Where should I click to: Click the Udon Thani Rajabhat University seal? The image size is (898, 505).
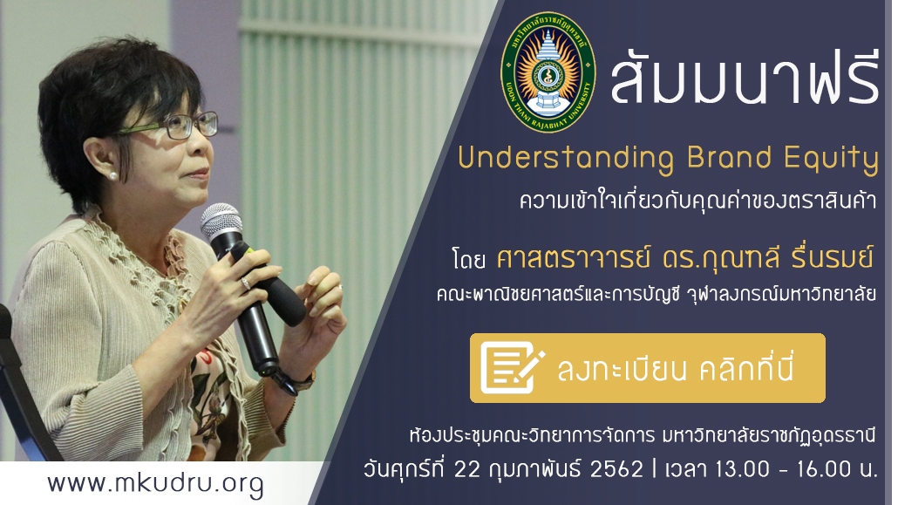tap(548, 72)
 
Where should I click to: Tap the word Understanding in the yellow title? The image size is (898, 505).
tap(566, 158)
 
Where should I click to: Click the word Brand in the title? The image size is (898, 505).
tap(729, 157)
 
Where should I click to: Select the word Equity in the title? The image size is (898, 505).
tap(831, 159)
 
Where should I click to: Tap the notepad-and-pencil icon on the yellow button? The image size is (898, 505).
tap(512, 367)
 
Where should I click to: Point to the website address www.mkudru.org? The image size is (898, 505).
tap(155, 484)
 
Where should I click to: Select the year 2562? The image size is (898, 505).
tap(616, 469)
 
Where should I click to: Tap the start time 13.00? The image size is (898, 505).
tap(742, 469)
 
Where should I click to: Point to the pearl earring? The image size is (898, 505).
tap(112, 175)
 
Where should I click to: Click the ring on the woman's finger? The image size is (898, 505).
tap(245, 283)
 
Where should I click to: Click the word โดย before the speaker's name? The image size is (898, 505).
tap(468, 260)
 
